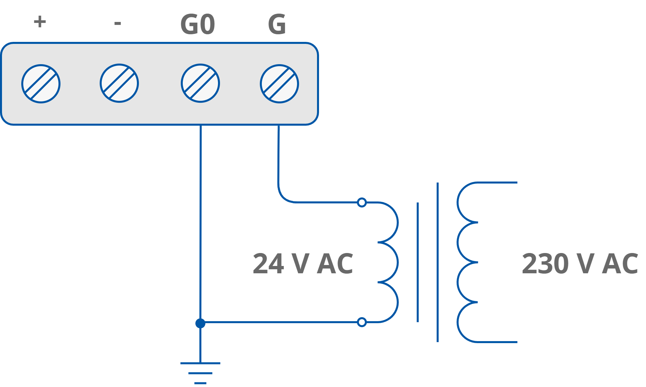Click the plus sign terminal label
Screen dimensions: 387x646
point(40,22)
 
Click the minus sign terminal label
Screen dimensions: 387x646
point(117,23)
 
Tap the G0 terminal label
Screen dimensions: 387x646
point(197,25)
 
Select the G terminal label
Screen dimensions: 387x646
point(277,25)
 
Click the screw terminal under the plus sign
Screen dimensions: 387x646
point(41,84)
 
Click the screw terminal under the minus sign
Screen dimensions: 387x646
point(119,83)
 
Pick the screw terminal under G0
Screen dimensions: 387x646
point(200,83)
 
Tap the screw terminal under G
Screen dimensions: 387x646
point(279,84)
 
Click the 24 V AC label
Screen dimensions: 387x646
point(303,264)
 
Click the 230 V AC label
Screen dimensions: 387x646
point(580,264)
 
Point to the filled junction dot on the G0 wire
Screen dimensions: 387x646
point(200,323)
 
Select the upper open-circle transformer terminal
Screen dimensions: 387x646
point(362,202)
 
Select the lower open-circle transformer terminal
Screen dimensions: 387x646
point(362,322)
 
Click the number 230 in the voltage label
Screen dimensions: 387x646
point(545,264)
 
